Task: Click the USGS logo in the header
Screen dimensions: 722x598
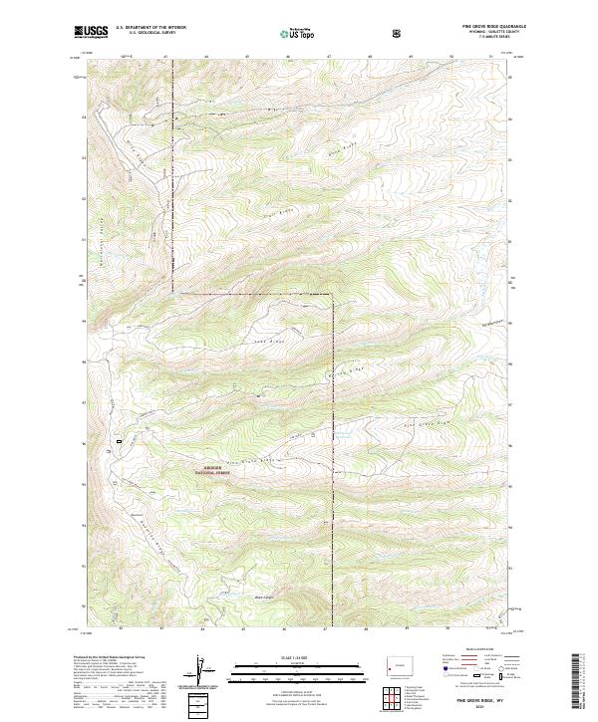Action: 92,32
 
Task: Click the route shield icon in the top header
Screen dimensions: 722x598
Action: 399,33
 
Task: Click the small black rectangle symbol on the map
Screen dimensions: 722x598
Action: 120,439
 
